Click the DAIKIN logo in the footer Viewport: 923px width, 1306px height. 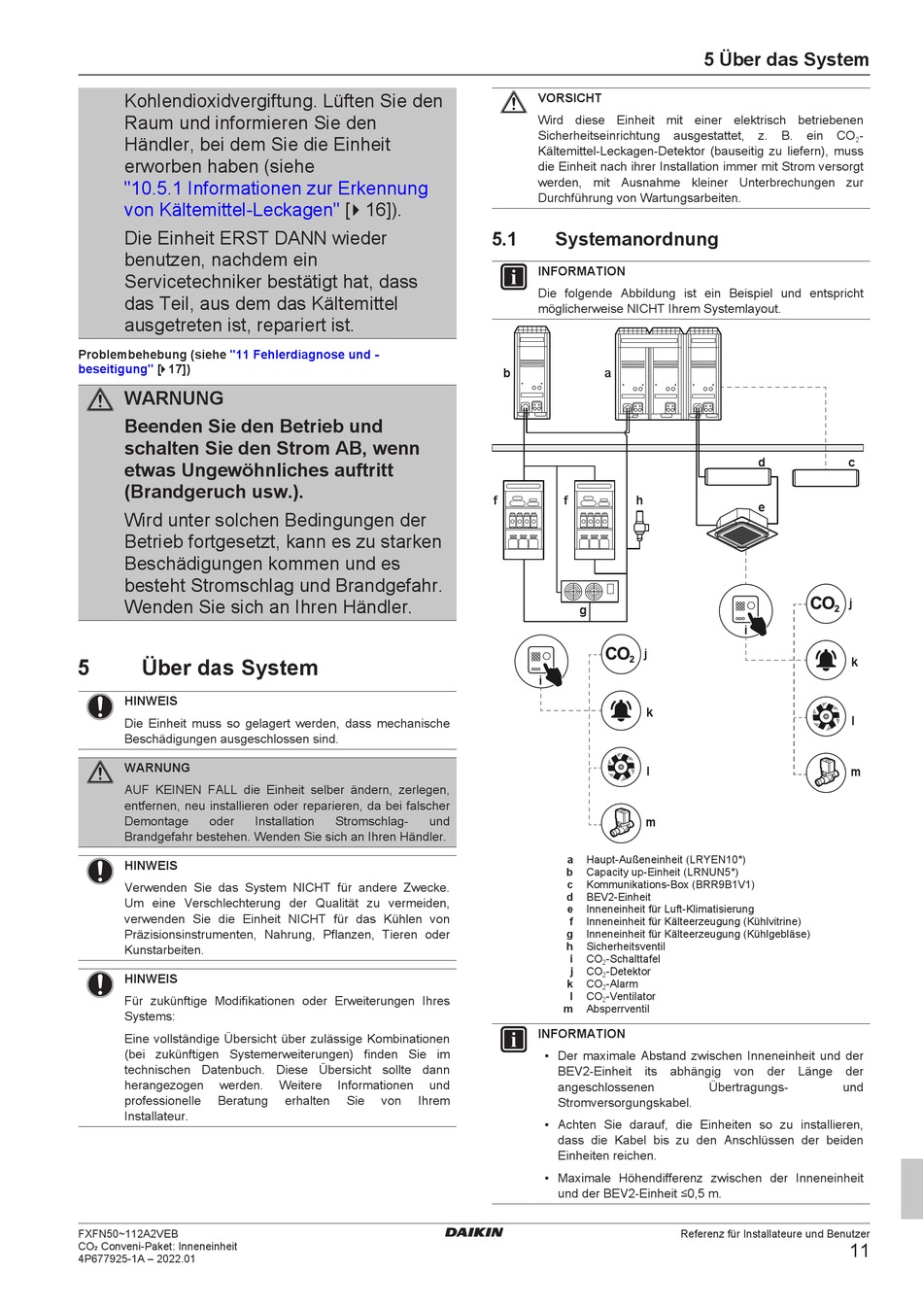(474, 1232)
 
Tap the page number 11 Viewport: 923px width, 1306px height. (859, 1251)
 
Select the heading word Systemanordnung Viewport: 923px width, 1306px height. (636, 239)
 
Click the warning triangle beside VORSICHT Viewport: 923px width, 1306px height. (513, 102)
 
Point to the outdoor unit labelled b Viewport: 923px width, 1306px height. (532, 374)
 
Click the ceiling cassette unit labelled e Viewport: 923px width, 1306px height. (740, 528)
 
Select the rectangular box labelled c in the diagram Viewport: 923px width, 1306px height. (825, 478)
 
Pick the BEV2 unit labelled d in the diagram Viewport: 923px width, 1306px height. (737, 477)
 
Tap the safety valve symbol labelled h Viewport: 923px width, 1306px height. (639, 529)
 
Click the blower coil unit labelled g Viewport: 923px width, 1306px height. (590, 590)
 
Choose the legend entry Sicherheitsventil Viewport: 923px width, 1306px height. (625, 946)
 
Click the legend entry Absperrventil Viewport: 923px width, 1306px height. (617, 1009)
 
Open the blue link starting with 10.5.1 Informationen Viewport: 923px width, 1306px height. (275, 189)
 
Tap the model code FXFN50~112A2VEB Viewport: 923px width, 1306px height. (127, 1233)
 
